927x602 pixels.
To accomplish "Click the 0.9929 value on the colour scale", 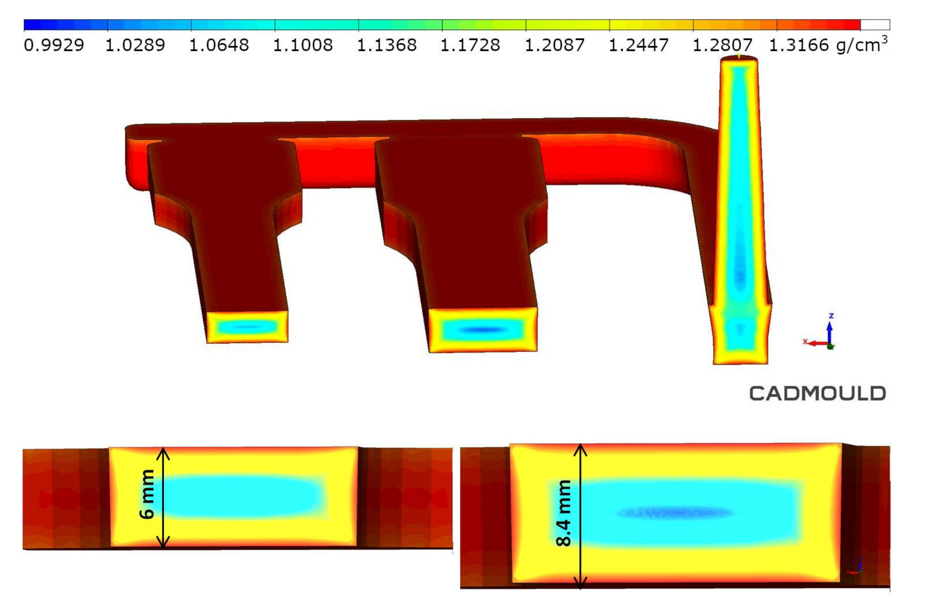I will (x=54, y=45).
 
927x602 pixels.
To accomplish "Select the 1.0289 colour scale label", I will (x=135, y=45).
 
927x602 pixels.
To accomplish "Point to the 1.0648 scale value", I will (x=219, y=45).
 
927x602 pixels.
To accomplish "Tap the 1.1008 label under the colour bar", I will (x=303, y=45).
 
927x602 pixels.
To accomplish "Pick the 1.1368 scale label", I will (x=387, y=45).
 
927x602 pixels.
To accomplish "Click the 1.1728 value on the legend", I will (x=470, y=45).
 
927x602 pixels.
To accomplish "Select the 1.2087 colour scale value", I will (x=555, y=45).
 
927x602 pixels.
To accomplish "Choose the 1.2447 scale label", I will (x=638, y=45).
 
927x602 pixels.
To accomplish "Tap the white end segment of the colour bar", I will (x=875, y=25).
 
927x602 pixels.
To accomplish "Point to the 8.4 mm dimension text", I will (x=564, y=513).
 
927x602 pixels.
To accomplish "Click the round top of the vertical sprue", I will (x=739, y=59).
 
